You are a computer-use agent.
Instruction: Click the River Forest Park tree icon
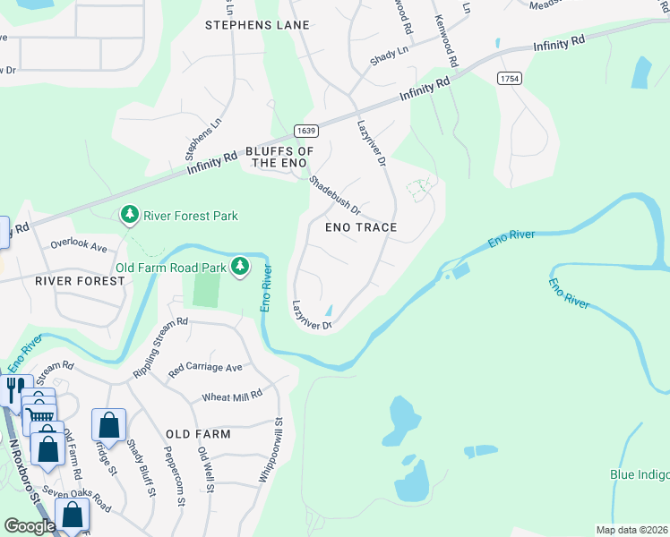point(130,215)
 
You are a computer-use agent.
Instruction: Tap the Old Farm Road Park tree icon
point(239,267)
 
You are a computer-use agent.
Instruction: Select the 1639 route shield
point(306,131)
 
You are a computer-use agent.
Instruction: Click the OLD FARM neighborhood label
point(198,434)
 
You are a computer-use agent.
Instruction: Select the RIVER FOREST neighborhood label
point(80,281)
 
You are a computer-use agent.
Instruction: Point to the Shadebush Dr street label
point(334,194)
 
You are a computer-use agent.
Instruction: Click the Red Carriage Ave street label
point(205,368)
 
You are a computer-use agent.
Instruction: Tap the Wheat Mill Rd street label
point(232,394)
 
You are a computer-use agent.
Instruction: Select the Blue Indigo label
point(639,474)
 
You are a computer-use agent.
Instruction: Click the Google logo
point(30,526)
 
